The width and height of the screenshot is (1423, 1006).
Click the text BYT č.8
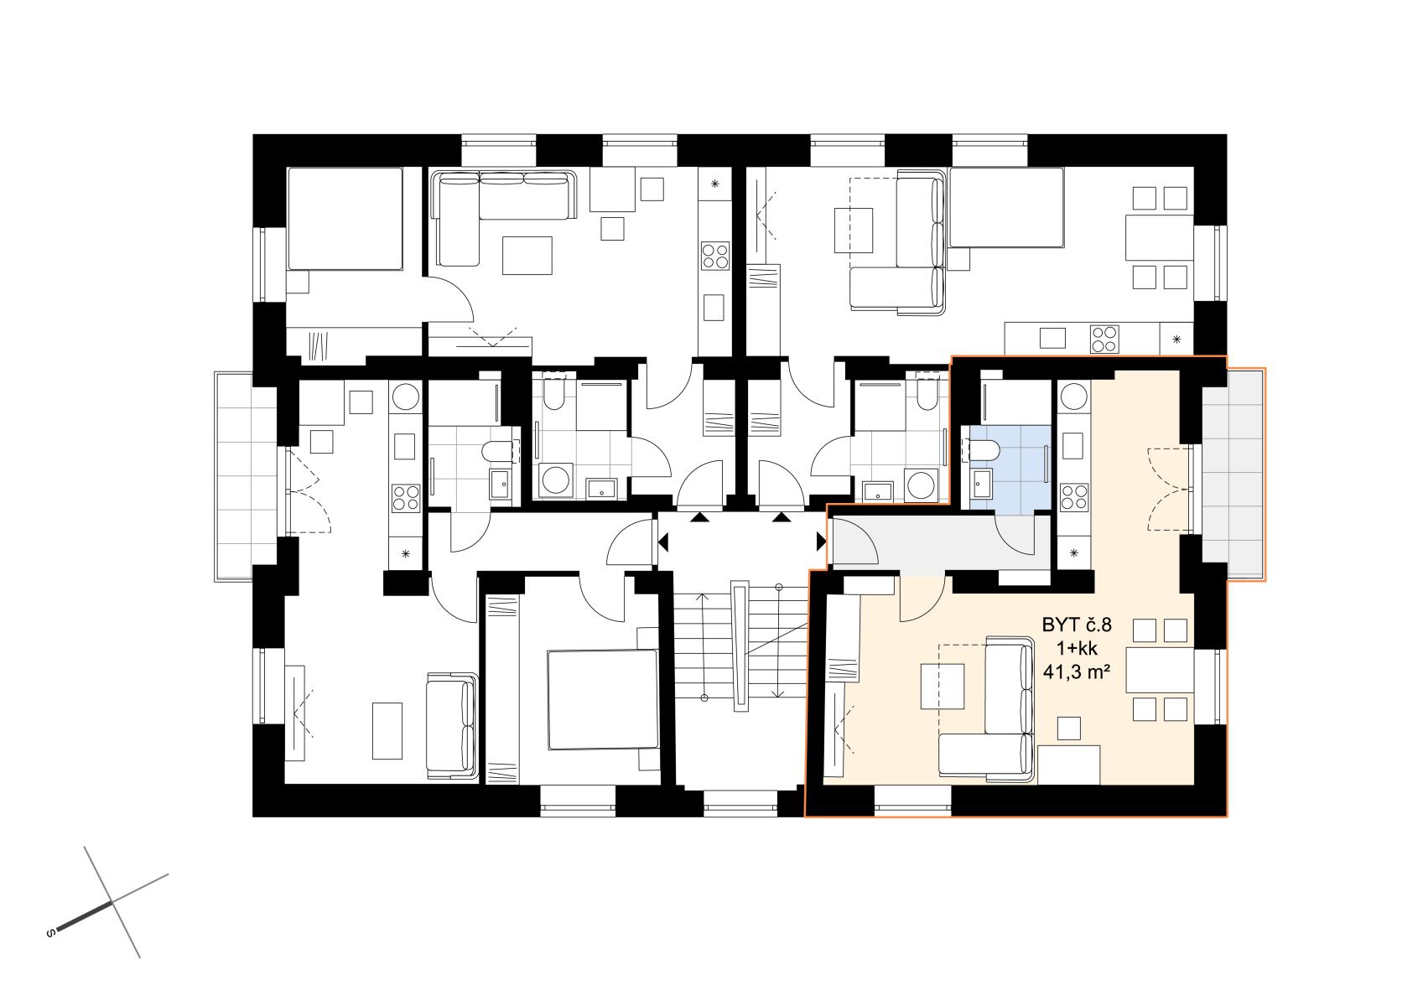pyautogui.click(x=1077, y=625)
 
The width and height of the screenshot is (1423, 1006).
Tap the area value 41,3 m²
pyautogui.click(x=1077, y=672)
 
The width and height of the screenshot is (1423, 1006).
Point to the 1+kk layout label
pyautogui.click(x=1077, y=648)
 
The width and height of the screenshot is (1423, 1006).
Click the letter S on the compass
pyautogui.click(x=51, y=933)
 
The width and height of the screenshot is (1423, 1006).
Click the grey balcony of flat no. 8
pyautogui.click(x=1233, y=474)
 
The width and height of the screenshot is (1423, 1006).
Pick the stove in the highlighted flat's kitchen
pyautogui.click(x=1073, y=496)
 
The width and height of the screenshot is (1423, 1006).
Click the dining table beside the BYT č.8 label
pyautogui.click(x=1160, y=669)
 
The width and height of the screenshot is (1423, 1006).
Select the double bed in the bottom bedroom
pyautogui.click(x=601, y=699)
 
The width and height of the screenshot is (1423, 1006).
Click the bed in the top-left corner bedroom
pyautogui.click(x=345, y=219)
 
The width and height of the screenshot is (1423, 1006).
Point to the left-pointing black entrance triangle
pyautogui.click(x=663, y=542)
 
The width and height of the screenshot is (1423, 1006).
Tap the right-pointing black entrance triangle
pyautogui.click(x=822, y=542)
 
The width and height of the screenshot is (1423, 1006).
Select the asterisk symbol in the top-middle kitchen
pyautogui.click(x=715, y=184)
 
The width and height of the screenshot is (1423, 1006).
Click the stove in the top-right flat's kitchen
pyautogui.click(x=1104, y=339)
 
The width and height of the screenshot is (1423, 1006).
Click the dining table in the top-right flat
pyautogui.click(x=1160, y=237)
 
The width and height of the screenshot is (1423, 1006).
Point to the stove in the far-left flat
pyautogui.click(x=406, y=498)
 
